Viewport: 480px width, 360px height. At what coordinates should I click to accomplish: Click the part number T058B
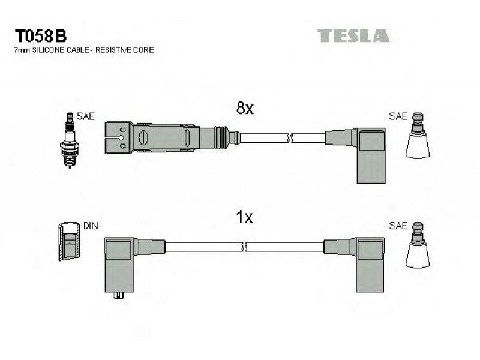point(40,36)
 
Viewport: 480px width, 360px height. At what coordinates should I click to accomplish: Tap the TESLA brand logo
point(353,36)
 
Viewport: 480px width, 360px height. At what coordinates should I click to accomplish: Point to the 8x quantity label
point(245,108)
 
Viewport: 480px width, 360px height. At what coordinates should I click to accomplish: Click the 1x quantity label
point(244,217)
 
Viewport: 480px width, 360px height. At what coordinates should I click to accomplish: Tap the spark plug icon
point(70,140)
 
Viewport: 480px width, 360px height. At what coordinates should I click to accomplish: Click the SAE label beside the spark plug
point(86,116)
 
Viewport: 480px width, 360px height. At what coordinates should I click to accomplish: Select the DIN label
point(91,226)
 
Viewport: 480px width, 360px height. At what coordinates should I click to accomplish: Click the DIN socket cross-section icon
point(68,241)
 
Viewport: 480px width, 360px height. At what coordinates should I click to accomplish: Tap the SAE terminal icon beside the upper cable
point(418,136)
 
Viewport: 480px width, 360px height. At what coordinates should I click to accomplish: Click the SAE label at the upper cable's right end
point(398,116)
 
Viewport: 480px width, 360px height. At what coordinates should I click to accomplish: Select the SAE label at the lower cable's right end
point(398,226)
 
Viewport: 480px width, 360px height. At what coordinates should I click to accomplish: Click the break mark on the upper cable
point(290,139)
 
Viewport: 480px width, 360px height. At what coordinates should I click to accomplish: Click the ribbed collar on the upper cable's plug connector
point(221,137)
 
